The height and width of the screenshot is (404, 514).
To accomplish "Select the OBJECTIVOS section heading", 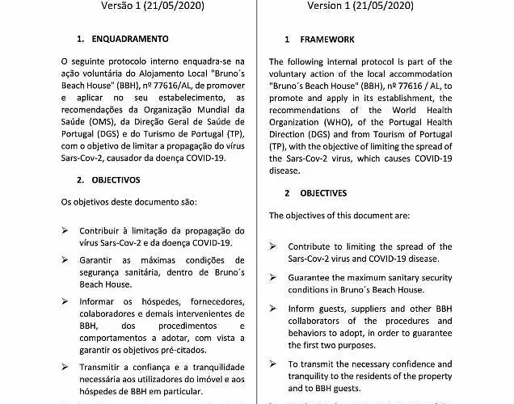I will tap(116, 179).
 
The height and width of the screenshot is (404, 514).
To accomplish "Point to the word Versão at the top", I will tap(121, 6).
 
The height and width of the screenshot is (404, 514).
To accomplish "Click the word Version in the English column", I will tap(331, 6).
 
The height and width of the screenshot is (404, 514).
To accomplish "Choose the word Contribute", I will tap(314, 246).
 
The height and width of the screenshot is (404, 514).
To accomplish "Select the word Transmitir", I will tap(105, 366).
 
